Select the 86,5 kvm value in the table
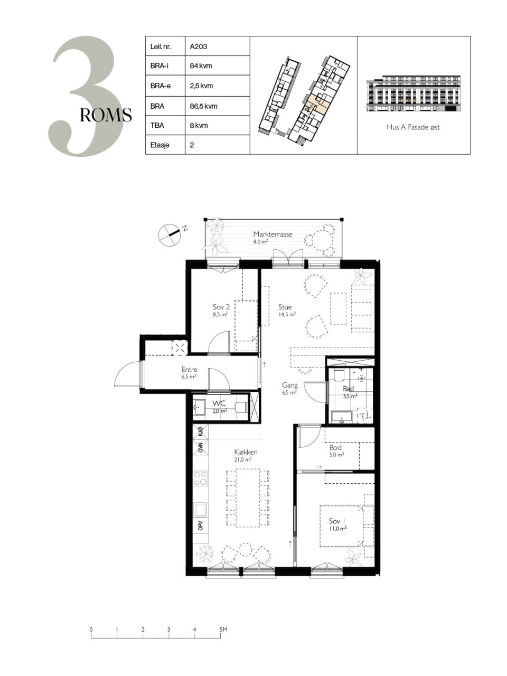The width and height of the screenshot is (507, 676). click(203, 106)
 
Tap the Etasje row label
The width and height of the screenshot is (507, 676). click(160, 145)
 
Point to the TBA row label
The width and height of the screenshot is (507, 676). click(157, 126)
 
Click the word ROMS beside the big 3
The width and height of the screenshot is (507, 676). click(106, 115)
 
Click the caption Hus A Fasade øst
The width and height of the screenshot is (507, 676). click(413, 127)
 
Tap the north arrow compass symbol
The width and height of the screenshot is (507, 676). click(170, 235)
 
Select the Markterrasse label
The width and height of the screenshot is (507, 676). click(273, 234)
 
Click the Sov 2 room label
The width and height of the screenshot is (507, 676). click(221, 307)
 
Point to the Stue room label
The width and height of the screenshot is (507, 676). click(285, 307)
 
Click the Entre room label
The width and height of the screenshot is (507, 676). click(189, 370)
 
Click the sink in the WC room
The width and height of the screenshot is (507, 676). click(199, 407)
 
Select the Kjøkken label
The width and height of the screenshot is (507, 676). click(246, 452)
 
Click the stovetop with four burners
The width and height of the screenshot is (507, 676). click(200, 479)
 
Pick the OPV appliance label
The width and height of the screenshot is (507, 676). click(201, 524)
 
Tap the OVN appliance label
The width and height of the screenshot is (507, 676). click(201, 447)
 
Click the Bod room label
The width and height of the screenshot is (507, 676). click(335, 447)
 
